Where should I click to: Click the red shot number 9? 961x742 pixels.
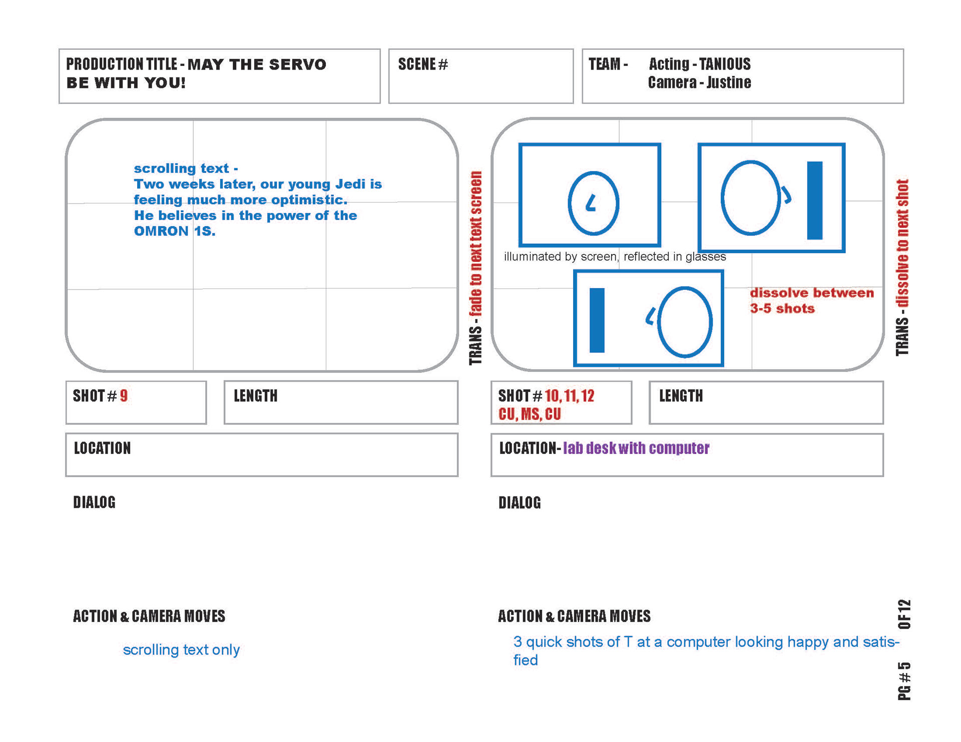[x=124, y=396]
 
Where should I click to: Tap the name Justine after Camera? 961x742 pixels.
[x=729, y=82]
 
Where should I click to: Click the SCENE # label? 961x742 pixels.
[x=423, y=64]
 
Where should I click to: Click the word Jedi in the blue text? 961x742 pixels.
[x=350, y=184]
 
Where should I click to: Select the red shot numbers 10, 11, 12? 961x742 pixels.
[x=570, y=396]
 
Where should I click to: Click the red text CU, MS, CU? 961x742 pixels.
[x=530, y=414]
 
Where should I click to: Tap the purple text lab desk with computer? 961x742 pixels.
[x=636, y=448]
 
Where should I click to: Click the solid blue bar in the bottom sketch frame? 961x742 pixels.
[x=597, y=320]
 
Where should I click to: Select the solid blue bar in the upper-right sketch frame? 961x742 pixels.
[x=815, y=200]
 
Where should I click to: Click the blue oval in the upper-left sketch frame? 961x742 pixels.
[x=594, y=203]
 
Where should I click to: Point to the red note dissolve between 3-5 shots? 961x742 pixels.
[x=811, y=300]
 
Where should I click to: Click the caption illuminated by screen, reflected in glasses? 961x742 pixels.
[x=615, y=256]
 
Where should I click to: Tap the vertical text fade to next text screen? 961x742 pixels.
[x=475, y=245]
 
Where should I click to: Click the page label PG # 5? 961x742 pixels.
[x=904, y=681]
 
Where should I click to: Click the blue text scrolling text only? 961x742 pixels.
[x=181, y=649]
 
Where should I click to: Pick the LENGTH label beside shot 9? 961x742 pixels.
[x=255, y=396]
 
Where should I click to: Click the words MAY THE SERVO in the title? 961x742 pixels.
[x=257, y=64]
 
